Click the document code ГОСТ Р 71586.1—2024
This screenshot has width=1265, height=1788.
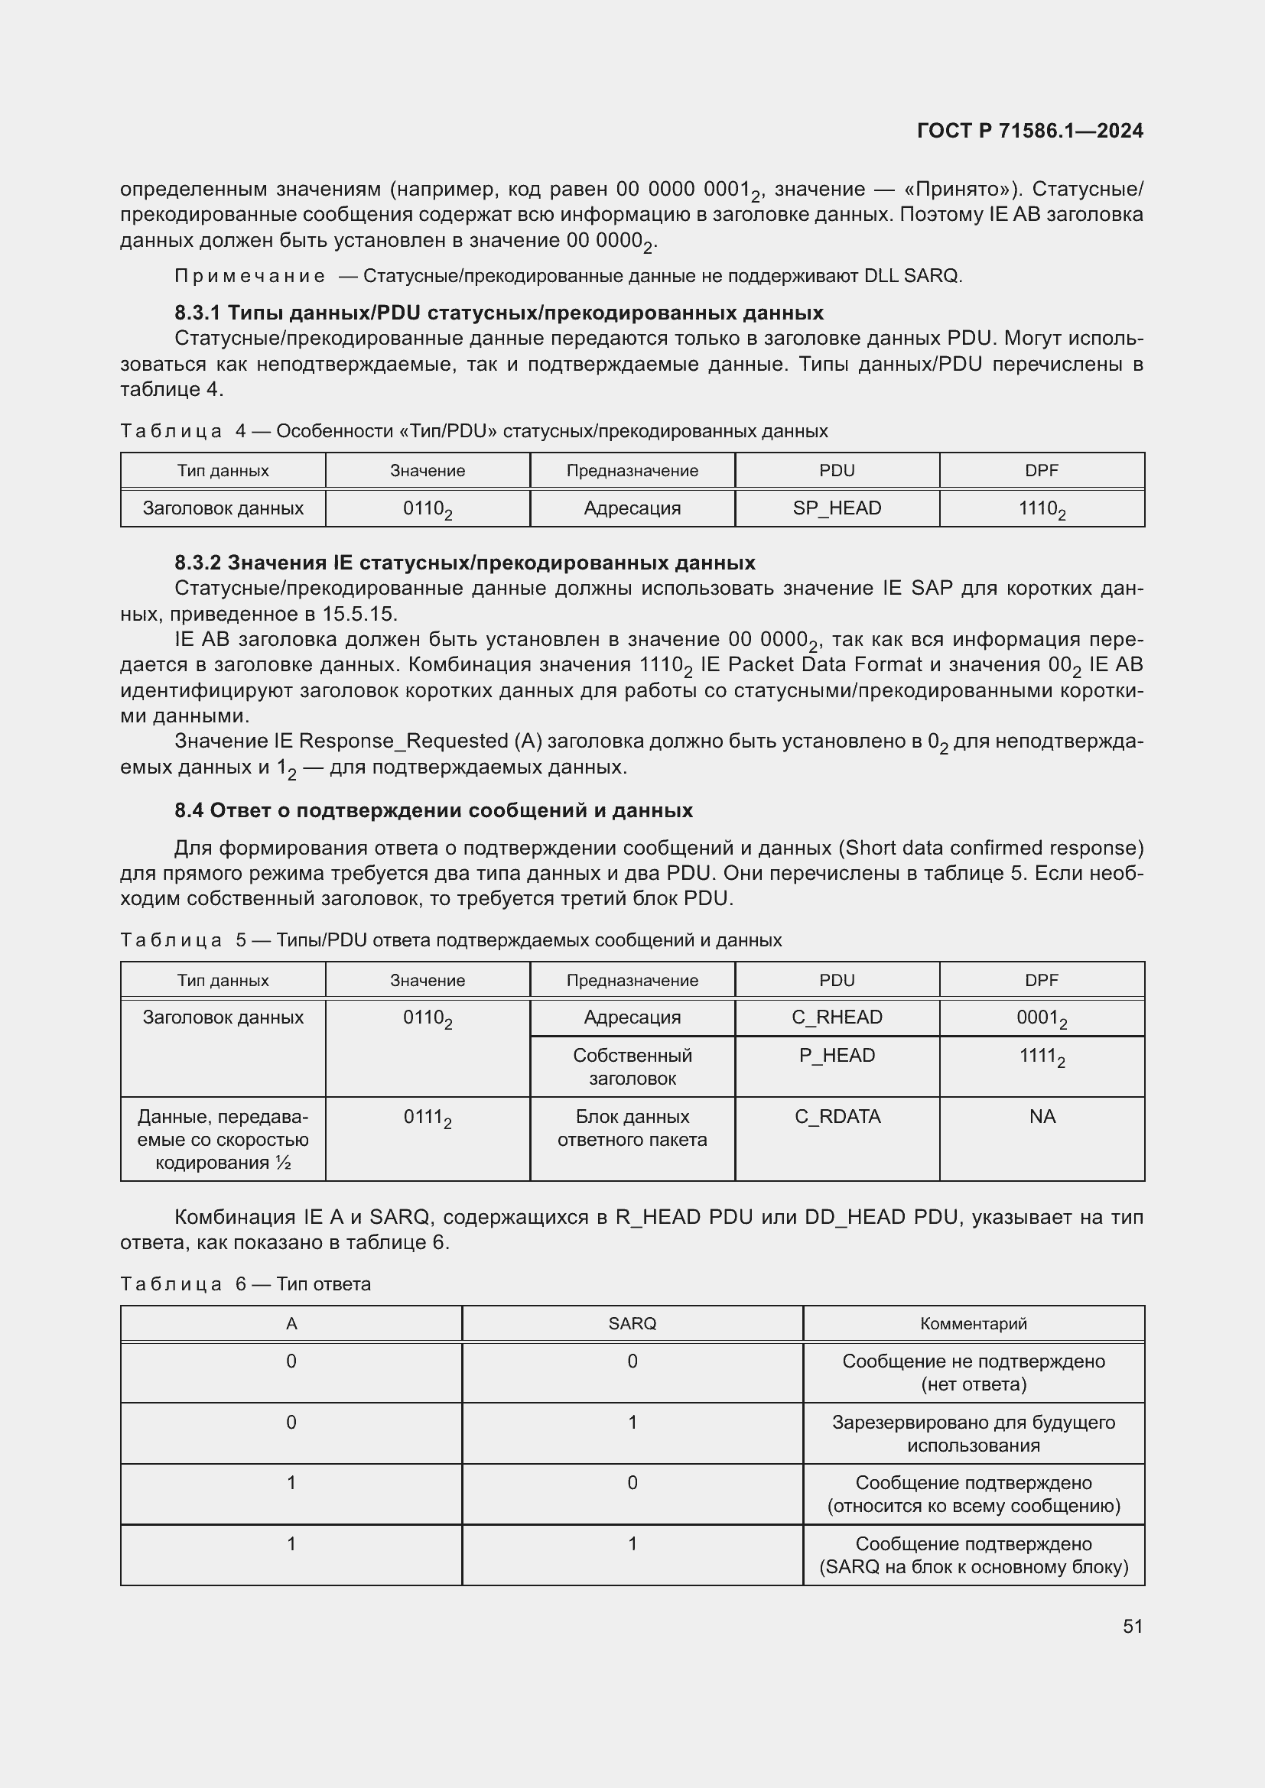(1029, 131)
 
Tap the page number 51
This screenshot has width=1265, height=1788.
(1133, 1626)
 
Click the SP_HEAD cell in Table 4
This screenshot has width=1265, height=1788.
(837, 508)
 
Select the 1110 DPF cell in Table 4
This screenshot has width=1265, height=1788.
(1042, 508)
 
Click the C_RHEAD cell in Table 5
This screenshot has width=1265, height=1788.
(837, 1017)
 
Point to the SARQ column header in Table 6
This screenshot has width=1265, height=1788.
(632, 1324)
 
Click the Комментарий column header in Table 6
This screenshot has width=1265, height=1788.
(973, 1324)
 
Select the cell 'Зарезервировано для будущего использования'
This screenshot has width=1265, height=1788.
(973, 1433)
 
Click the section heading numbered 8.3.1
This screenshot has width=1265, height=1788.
(499, 313)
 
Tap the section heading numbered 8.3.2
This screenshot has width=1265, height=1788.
(464, 563)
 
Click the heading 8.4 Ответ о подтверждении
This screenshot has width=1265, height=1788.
(433, 810)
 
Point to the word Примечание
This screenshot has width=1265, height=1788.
(249, 276)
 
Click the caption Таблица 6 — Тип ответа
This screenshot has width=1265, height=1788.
(246, 1284)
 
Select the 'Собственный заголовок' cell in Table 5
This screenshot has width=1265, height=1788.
(632, 1067)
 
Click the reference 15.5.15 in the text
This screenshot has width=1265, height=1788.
(359, 614)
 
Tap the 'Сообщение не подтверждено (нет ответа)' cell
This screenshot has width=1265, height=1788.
(973, 1373)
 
